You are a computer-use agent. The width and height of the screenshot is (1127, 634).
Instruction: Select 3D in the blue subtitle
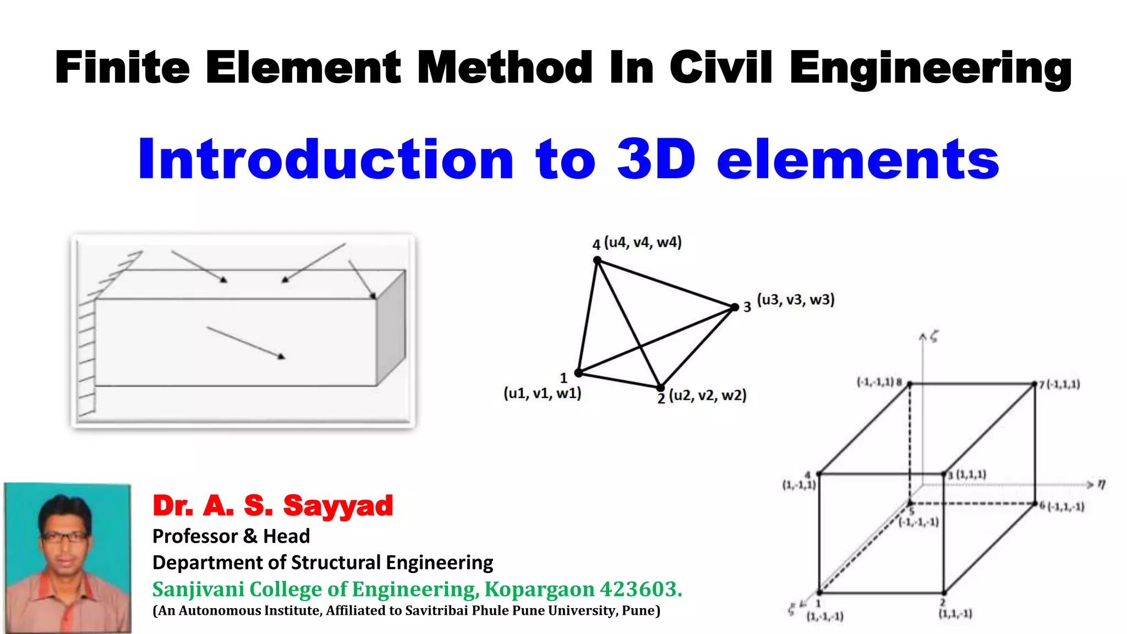(656, 160)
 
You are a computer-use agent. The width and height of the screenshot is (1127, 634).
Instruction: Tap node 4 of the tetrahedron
(597, 260)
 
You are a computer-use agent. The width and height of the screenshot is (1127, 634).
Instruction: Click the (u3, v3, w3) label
(796, 300)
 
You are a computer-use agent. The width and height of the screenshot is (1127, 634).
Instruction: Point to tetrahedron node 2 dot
(660, 387)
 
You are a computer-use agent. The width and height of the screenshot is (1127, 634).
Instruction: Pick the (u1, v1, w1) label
(543, 393)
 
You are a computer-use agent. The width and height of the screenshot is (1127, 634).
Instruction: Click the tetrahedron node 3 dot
(735, 307)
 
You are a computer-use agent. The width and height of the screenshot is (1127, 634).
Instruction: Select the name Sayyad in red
(338, 506)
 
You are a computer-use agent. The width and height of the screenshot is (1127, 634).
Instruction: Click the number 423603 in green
(641, 589)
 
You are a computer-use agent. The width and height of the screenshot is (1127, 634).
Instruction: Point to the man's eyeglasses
(65, 537)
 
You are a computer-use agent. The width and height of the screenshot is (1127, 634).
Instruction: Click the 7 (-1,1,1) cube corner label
(1060, 384)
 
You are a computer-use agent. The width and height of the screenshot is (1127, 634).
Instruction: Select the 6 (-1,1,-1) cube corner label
(1063, 506)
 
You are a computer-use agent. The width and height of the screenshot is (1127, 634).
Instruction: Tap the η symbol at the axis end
(1101, 484)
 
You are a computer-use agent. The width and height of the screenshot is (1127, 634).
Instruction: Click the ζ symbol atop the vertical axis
(934, 337)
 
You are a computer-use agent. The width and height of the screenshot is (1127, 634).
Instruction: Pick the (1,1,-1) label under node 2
(955, 614)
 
